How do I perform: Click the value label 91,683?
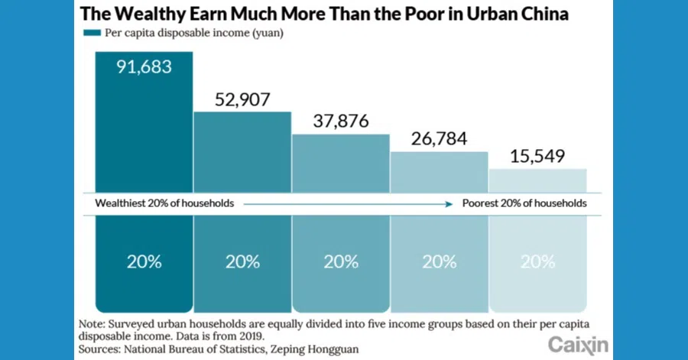144,66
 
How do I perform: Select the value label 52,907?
242,98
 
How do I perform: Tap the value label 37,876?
340,122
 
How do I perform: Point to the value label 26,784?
439,138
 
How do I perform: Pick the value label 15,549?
537,157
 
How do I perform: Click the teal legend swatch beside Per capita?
92,33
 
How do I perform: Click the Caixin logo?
579,343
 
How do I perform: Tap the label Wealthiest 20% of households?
164,204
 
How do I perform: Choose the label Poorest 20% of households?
524,204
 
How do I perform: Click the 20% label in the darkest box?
144,261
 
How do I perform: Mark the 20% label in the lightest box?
537,261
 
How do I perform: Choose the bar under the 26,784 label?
439,171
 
